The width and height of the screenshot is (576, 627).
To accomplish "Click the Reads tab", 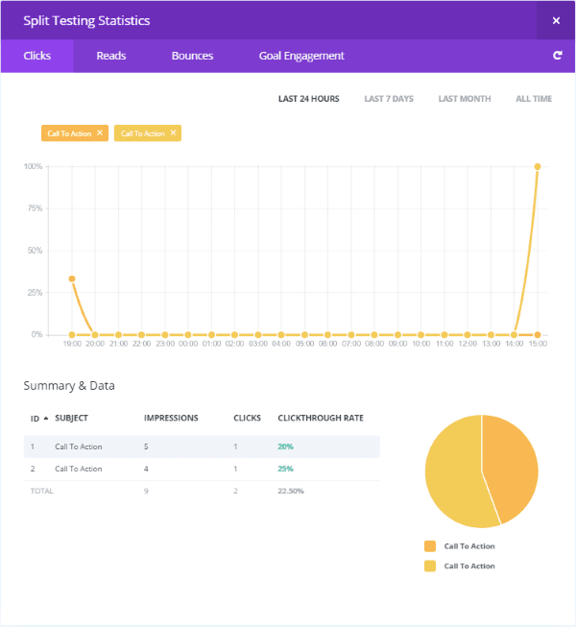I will click(x=110, y=56).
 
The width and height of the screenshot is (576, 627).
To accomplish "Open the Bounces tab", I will click(x=192, y=56).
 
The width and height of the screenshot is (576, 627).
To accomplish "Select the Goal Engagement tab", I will click(x=300, y=56).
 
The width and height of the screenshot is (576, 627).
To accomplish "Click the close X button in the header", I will click(x=556, y=20).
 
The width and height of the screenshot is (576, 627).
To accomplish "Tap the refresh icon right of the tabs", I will click(x=557, y=56).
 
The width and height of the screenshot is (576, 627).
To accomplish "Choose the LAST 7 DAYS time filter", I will click(x=389, y=99).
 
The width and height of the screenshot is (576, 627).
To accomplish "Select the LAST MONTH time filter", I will click(x=464, y=99).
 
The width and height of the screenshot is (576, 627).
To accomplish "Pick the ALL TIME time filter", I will click(x=534, y=99).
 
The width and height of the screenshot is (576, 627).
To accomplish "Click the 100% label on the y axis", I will click(x=33, y=166).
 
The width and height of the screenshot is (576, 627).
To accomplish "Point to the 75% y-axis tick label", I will click(x=35, y=208).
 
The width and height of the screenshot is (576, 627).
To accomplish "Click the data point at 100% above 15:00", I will click(x=538, y=166).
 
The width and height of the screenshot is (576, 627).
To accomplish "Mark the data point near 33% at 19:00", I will click(x=72, y=279).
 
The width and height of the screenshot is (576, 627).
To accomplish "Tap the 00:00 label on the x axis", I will click(x=188, y=344).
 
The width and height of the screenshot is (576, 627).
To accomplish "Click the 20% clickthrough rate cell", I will click(x=286, y=446).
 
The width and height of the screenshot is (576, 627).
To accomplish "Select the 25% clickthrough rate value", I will click(x=286, y=469).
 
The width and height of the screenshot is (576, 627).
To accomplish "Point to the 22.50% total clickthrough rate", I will click(x=291, y=491).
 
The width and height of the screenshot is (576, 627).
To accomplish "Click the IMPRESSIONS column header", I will click(x=171, y=419).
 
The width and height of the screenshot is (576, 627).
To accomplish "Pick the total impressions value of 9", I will click(x=146, y=491).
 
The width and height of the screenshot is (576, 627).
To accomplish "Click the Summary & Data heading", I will click(x=69, y=386).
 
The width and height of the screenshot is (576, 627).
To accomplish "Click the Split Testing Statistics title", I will click(x=86, y=20).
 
